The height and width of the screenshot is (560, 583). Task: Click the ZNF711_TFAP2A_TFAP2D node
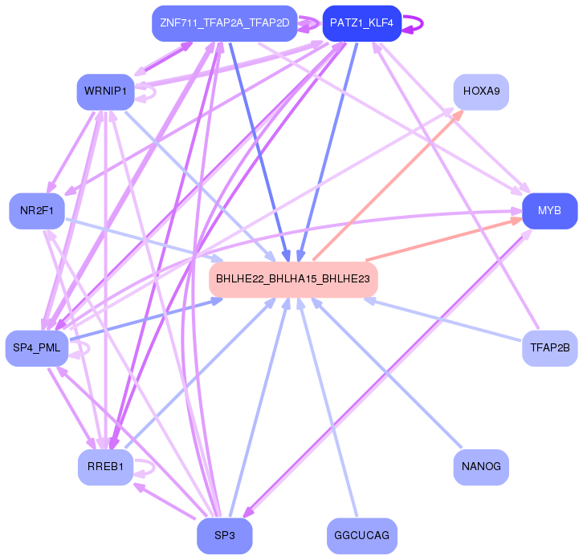point(224,23)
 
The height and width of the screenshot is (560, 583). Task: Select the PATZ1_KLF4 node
point(361,23)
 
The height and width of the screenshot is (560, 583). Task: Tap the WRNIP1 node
point(104,91)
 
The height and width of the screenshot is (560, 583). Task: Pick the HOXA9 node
point(481,91)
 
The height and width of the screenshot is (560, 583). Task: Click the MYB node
point(549,211)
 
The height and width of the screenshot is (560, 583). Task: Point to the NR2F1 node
point(36,211)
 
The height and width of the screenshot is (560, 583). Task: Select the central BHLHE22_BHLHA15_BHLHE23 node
point(292,279)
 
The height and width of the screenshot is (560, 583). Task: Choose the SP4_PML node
point(36,347)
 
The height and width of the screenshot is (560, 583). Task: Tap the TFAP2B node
point(549,347)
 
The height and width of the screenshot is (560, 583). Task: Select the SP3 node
point(224,535)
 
